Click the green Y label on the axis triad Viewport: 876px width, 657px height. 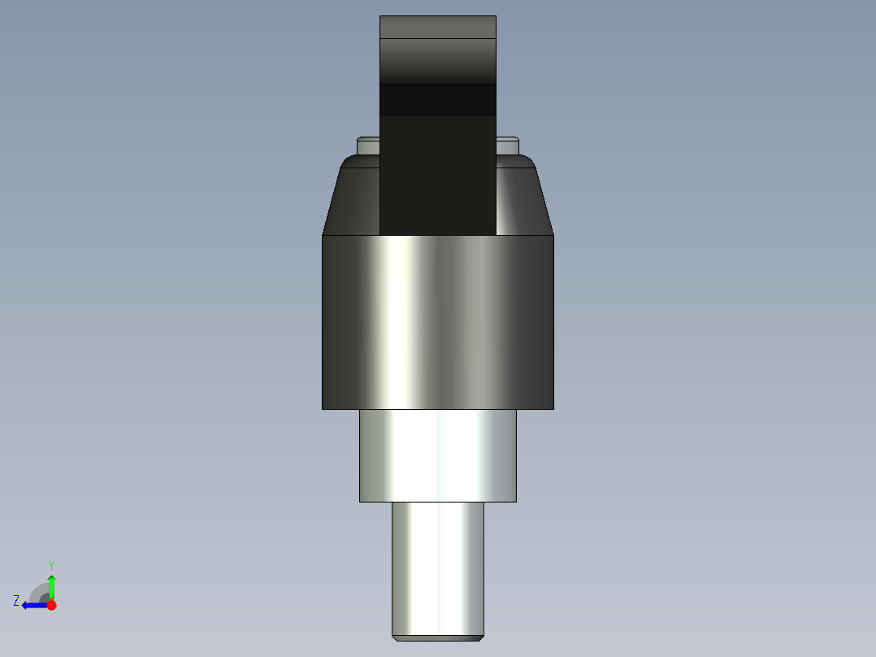coord(50,563)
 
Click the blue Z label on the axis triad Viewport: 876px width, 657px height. coord(16,600)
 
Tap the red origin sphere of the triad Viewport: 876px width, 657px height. coord(51,605)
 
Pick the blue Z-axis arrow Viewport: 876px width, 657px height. coord(34,605)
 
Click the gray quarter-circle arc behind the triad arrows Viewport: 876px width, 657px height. coord(37,591)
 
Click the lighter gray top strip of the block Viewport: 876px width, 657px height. coord(437,27)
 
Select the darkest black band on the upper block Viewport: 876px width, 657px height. coord(437,100)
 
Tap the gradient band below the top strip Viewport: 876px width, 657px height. coord(437,62)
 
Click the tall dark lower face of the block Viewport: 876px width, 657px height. coord(437,175)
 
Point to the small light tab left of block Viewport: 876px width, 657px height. coord(367,146)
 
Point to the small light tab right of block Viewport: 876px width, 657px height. coord(508,146)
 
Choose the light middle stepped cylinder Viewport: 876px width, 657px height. coord(437,455)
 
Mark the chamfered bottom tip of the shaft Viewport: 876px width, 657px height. coord(437,637)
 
